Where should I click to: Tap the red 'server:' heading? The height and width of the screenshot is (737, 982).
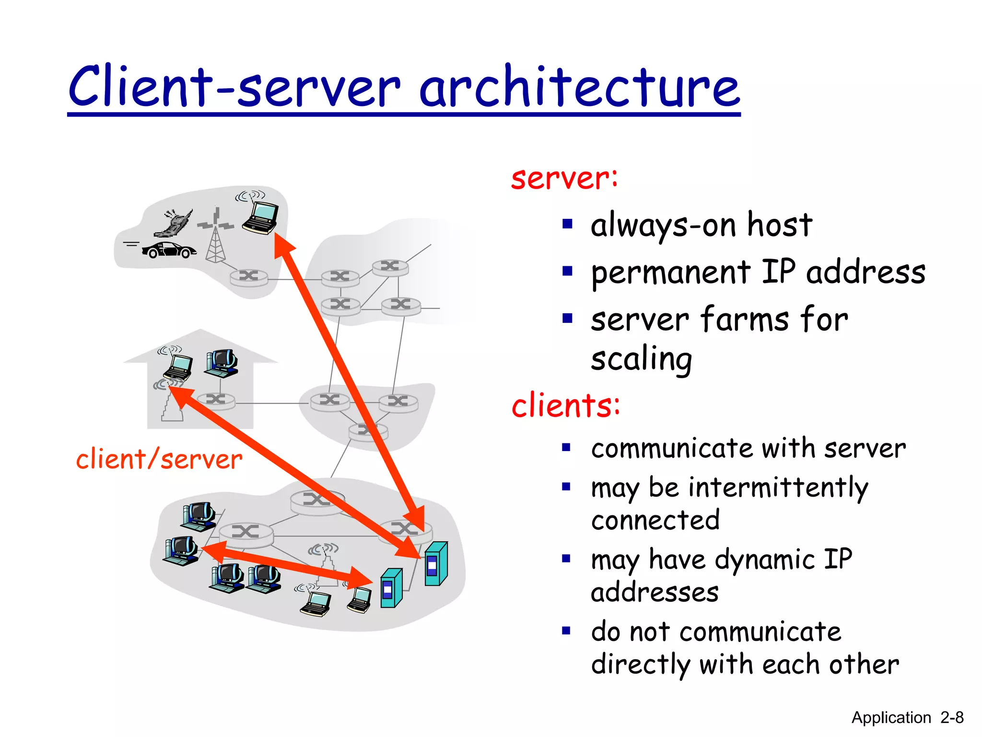(564, 178)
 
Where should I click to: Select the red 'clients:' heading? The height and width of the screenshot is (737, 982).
(566, 405)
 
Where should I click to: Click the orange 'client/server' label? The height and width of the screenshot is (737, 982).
(159, 459)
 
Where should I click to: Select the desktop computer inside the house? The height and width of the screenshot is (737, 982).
(222, 363)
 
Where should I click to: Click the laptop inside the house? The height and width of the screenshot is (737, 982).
(178, 367)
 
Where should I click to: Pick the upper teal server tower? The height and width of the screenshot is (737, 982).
(436, 564)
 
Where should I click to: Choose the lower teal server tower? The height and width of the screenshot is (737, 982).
(391, 588)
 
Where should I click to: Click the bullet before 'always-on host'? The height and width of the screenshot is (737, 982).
(567, 225)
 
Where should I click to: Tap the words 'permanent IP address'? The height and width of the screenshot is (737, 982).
(758, 272)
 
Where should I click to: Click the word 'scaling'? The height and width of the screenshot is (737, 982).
(641, 359)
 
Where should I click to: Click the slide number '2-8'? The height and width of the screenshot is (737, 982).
(951, 717)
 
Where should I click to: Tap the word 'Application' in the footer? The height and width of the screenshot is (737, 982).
(890, 717)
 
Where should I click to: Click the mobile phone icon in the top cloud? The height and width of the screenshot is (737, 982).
(174, 224)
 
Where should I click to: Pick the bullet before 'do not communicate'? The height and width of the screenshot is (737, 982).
(566, 630)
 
